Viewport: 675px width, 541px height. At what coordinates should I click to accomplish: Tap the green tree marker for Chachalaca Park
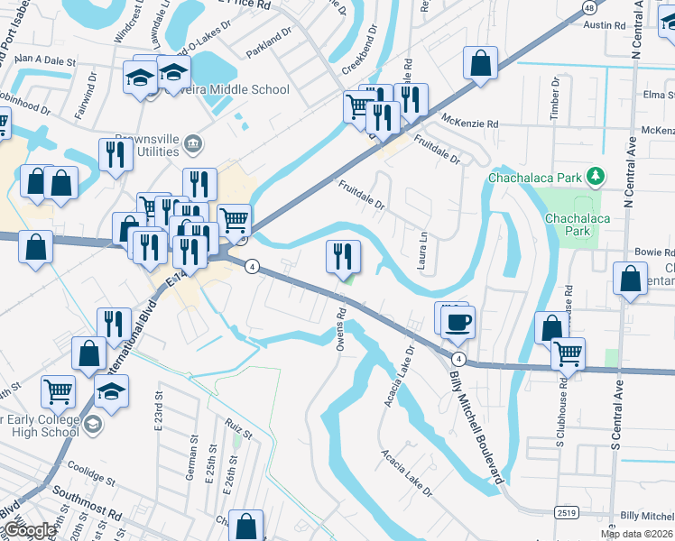[x=594, y=175]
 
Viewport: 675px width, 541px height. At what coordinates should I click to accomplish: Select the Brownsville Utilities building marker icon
[x=191, y=143]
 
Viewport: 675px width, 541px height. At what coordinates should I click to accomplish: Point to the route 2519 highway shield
[x=567, y=512]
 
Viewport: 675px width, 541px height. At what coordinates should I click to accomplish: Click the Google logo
[x=29, y=530]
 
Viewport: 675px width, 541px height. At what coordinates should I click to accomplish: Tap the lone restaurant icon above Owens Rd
[x=343, y=257]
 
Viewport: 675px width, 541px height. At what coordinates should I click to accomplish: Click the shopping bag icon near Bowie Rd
[x=630, y=280]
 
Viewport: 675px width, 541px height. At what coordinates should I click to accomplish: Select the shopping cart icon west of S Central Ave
[x=567, y=354]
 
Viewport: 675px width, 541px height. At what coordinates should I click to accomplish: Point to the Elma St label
[x=659, y=94]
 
